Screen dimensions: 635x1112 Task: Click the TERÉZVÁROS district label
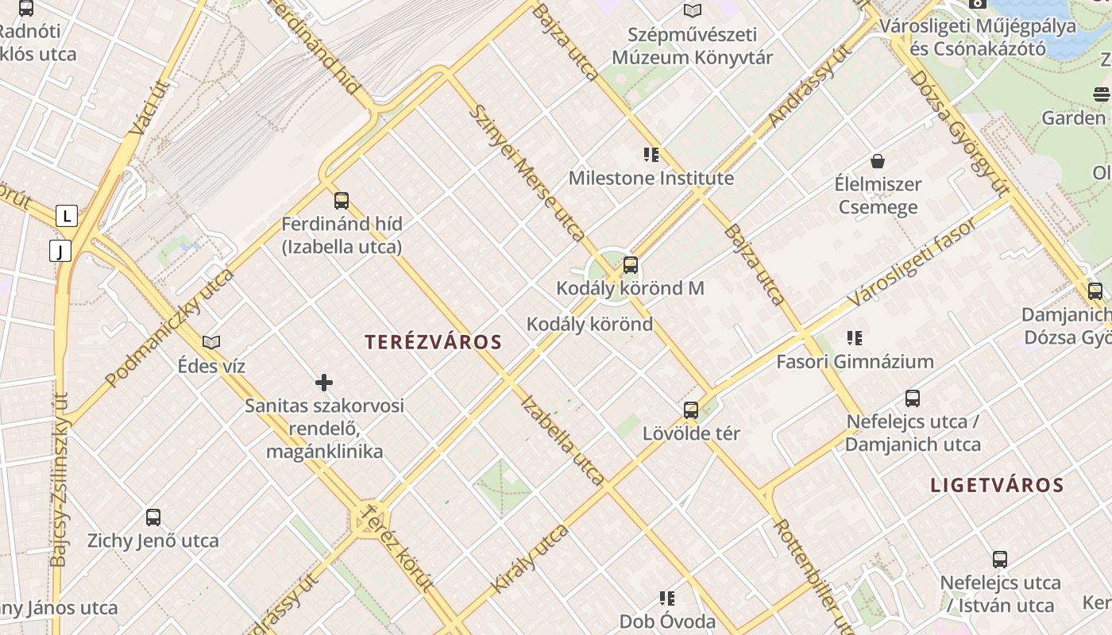[x=433, y=342]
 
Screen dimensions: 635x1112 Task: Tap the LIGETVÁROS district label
[x=997, y=485]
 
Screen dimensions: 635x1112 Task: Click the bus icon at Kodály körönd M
[x=630, y=265]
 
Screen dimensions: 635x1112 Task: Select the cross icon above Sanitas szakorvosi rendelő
[x=324, y=383]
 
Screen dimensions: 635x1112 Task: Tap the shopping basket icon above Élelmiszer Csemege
[x=878, y=161]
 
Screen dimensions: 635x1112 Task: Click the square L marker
[x=67, y=215]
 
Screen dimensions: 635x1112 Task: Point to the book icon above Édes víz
[x=211, y=342]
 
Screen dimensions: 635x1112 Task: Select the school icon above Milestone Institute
[x=651, y=155]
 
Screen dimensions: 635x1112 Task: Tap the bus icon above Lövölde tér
[x=691, y=410]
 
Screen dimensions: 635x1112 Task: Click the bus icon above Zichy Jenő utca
[x=153, y=518]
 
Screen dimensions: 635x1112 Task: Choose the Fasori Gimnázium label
[x=855, y=362]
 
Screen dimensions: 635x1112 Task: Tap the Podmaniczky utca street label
[x=170, y=327]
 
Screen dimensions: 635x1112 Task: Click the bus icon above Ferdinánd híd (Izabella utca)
[x=342, y=201]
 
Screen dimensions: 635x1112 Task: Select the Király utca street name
[x=530, y=558]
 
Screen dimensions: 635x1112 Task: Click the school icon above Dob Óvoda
[x=667, y=598]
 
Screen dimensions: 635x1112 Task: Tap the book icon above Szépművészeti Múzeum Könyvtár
[x=693, y=11]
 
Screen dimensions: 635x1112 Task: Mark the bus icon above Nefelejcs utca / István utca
[x=1000, y=560]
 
